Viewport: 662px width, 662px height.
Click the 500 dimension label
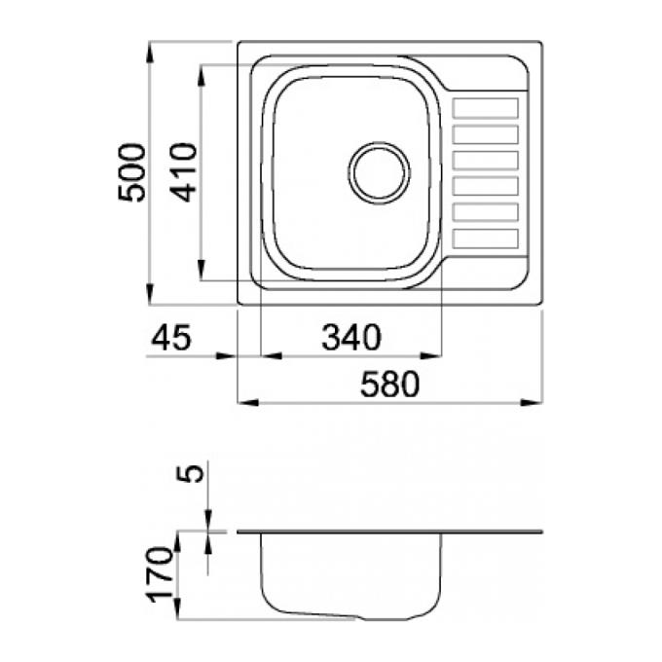(x=131, y=173)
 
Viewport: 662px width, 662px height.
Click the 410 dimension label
(x=183, y=173)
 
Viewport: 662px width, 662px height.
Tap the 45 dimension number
(x=171, y=338)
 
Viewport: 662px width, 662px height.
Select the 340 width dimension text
(x=351, y=338)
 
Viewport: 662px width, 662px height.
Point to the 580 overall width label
(x=390, y=384)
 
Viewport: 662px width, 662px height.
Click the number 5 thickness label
(x=190, y=473)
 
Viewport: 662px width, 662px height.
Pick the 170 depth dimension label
(x=160, y=574)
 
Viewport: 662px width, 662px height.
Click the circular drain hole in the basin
(x=379, y=173)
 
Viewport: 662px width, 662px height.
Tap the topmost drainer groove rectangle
(x=485, y=108)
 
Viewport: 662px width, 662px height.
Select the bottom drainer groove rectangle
(x=485, y=239)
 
